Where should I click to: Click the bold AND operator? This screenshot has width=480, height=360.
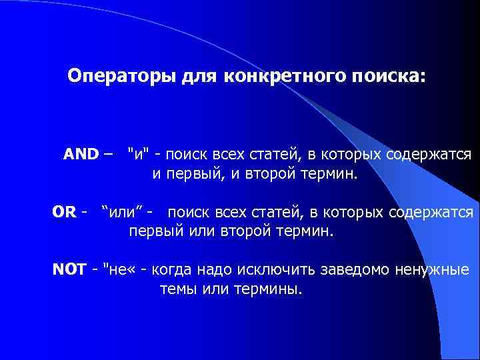tap(81, 155)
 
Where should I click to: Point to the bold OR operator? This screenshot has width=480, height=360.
tap(64, 213)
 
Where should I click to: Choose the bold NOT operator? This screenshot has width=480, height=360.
tap(69, 271)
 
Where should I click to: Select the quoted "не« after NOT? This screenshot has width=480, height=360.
tap(125, 271)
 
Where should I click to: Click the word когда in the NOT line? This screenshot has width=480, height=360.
tap(174, 271)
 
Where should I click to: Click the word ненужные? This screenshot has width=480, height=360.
tap(435, 271)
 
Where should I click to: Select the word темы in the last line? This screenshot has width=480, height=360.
tap(176, 290)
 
